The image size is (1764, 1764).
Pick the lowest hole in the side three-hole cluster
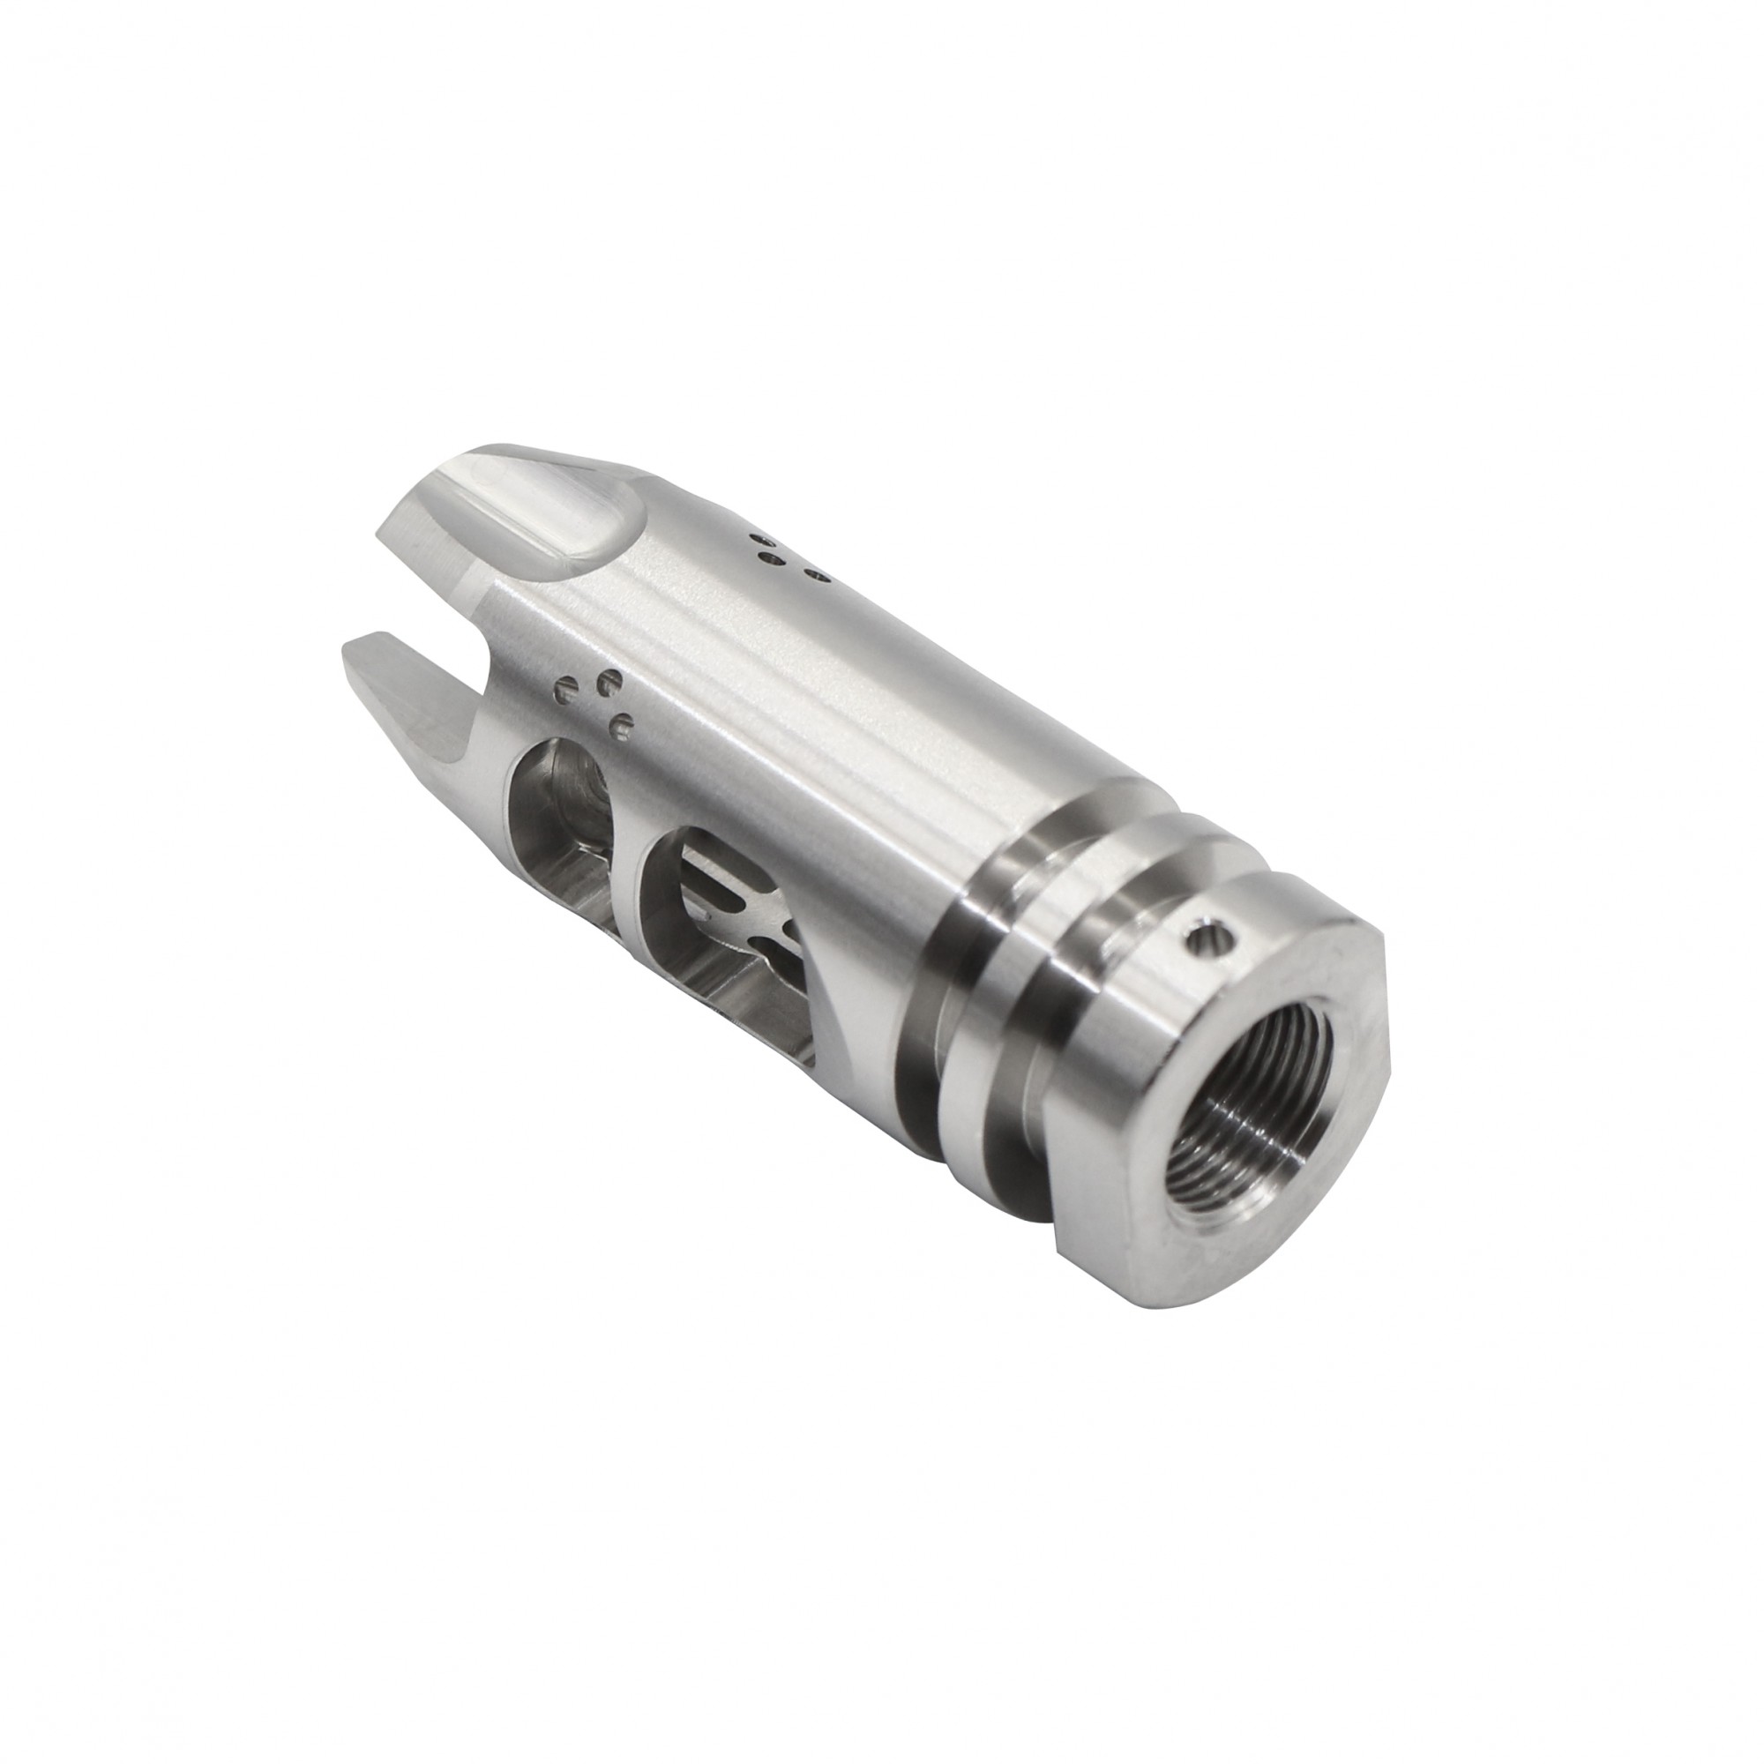(x=623, y=728)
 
